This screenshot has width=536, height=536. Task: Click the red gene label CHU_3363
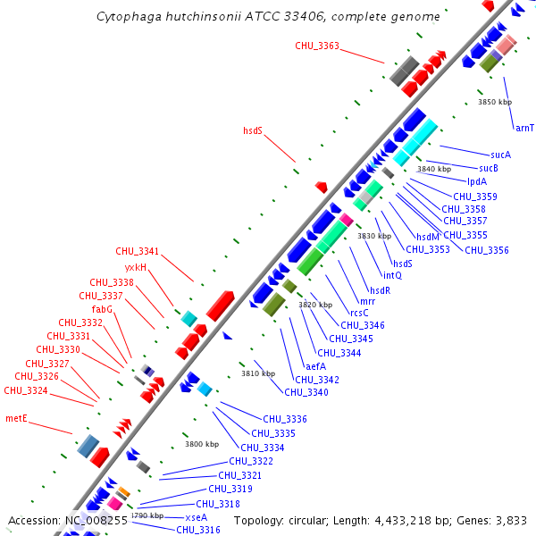pos(317,46)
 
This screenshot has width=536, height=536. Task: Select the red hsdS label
pos(253,130)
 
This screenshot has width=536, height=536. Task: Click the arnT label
pos(524,128)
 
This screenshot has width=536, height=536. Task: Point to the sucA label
pos(500,155)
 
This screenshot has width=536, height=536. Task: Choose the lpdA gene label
pos(477,181)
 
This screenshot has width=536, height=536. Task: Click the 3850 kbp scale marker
pos(495,102)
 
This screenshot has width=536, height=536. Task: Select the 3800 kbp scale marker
pos(202,444)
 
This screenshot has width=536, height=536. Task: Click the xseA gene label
pos(196,517)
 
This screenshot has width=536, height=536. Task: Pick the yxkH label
pos(136,267)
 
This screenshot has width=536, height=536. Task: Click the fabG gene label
pos(102,309)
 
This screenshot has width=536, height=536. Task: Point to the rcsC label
pos(359,313)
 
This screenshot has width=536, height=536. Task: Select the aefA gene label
pos(316,366)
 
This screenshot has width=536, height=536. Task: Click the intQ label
pos(393,275)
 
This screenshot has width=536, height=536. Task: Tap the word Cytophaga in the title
pos(126,16)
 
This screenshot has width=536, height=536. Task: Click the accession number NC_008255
pos(96,520)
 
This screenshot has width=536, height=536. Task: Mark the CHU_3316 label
pos(198,530)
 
